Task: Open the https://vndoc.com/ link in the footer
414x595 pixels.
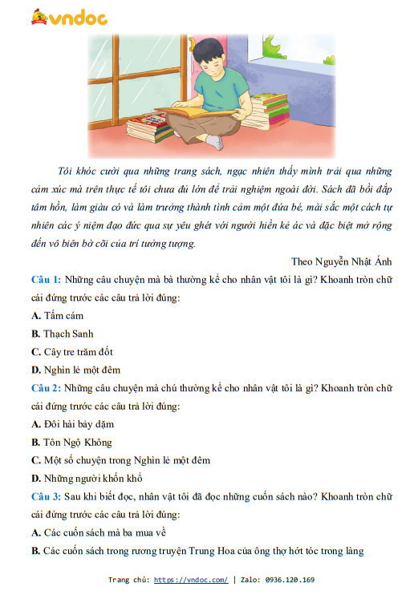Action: click(x=190, y=580)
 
